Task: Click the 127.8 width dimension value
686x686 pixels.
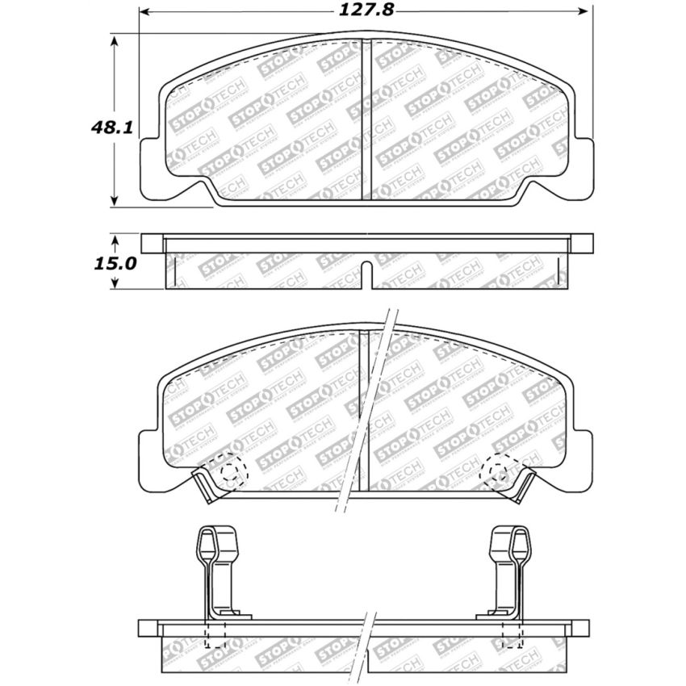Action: (x=366, y=10)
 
